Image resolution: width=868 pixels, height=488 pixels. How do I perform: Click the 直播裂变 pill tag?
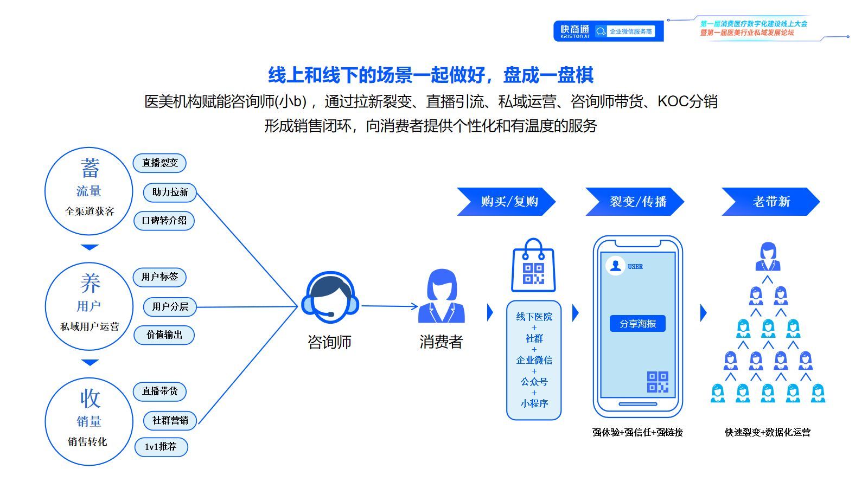(x=159, y=163)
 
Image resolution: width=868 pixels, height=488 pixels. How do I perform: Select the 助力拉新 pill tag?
(x=170, y=192)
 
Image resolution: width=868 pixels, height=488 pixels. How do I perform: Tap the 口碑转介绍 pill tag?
(x=164, y=221)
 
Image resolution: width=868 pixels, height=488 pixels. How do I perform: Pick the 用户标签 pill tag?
(x=159, y=277)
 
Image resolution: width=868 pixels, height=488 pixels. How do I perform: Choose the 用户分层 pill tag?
(x=170, y=306)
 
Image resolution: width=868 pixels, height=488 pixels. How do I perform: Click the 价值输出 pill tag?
(x=164, y=335)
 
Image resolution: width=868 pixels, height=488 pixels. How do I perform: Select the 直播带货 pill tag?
(x=159, y=391)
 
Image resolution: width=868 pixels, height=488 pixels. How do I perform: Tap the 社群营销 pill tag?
(x=170, y=420)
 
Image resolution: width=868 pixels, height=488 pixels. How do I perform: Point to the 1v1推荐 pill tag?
(x=161, y=447)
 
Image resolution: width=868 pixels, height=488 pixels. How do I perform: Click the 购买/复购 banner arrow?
(x=507, y=202)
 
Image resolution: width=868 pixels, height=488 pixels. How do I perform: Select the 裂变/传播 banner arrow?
(x=635, y=202)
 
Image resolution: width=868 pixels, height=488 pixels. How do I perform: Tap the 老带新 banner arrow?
(x=770, y=202)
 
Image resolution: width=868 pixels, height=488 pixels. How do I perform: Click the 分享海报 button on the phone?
(x=637, y=324)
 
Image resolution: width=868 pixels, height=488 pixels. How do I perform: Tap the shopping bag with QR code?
(x=533, y=266)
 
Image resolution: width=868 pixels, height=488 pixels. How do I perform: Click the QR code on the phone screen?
(x=658, y=382)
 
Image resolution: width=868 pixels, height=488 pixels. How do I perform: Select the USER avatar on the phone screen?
(x=615, y=266)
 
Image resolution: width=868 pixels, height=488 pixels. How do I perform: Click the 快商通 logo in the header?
(x=575, y=31)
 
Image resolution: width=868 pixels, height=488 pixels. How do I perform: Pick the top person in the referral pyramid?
(x=768, y=256)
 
